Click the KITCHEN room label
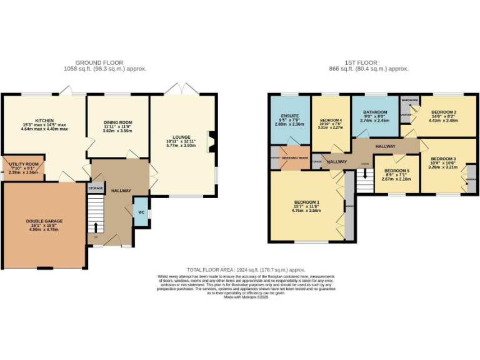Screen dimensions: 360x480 pyautogui.click(x=44, y=121)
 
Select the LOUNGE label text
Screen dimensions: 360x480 pyautogui.click(x=181, y=136)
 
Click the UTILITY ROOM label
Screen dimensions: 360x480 pyautogui.click(x=24, y=164)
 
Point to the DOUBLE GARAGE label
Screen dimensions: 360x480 pyautogui.click(x=44, y=221)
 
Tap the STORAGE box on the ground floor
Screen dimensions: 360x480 pyautogui.click(x=96, y=187)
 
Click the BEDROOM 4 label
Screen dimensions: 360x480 pyautogui.click(x=331, y=120)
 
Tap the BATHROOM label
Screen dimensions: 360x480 pyautogui.click(x=375, y=112)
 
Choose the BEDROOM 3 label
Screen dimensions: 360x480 pyautogui.click(x=442, y=159)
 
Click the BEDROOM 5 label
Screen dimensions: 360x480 pyautogui.click(x=396, y=171)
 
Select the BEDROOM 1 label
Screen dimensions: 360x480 pyautogui.click(x=307, y=202)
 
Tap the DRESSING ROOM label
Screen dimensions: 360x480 pyautogui.click(x=295, y=158)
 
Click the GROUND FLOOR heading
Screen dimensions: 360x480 pyautogui.click(x=99, y=62)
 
